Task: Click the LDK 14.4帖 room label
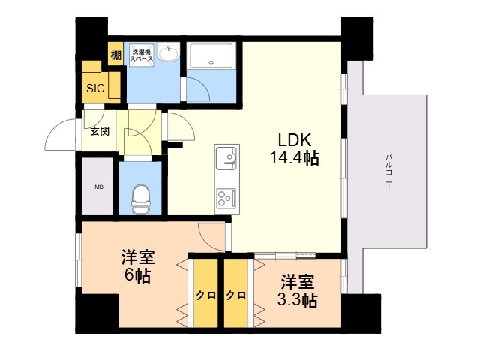[295, 149]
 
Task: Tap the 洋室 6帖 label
[138, 266]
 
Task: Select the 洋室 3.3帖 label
[297, 291]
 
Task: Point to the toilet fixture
[140, 199]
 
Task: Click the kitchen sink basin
[226, 158]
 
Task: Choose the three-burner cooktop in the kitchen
[226, 198]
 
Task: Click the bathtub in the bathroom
[211, 55]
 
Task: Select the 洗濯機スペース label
[142, 55]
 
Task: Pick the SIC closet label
[95, 88]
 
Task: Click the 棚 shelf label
[115, 55]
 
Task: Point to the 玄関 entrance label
[100, 131]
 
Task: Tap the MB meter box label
[98, 187]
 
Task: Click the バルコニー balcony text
[389, 172]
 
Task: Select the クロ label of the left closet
[206, 295]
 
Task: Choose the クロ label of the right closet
[236, 295]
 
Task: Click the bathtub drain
[211, 62]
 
